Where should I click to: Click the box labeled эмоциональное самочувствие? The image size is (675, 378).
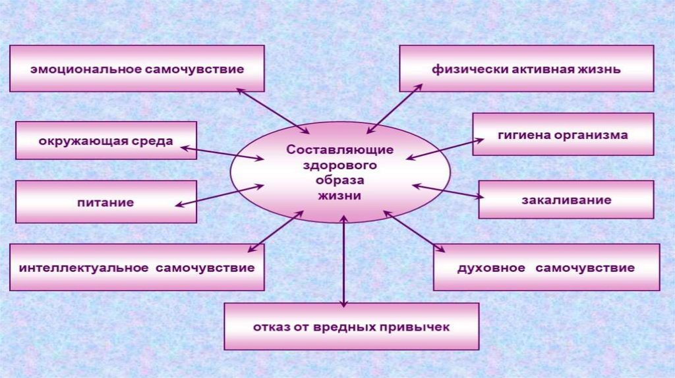136,68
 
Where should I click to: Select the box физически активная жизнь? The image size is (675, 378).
526,68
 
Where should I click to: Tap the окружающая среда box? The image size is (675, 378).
105,140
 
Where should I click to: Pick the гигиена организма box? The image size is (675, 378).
562,134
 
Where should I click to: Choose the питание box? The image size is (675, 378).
105,202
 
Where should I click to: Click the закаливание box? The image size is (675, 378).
566,200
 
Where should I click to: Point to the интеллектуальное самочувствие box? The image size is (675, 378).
136,267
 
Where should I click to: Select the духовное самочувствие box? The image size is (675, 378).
546,267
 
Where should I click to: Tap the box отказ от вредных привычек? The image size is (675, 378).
351,327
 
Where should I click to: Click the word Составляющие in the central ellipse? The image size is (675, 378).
339,149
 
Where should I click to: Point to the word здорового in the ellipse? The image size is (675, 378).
339,165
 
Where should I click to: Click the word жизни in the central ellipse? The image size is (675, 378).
339,196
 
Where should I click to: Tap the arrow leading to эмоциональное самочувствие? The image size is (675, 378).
272,110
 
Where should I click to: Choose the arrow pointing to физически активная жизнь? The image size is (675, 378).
394,109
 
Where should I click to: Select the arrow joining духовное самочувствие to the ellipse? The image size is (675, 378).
414,231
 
